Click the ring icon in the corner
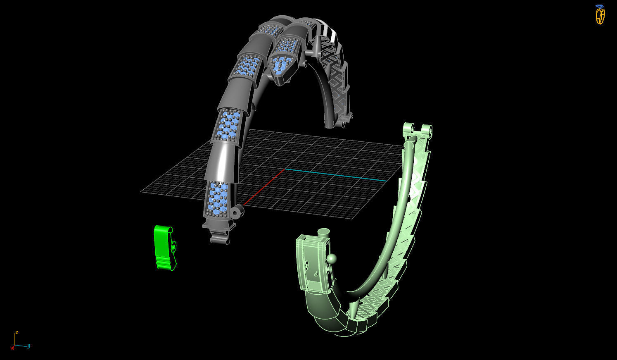point(600,16)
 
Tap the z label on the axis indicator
point(17,332)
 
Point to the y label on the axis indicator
point(29,346)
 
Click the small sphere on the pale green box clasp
point(332,259)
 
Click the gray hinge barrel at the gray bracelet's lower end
point(237,212)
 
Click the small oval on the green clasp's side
point(174,247)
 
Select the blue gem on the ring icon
point(600,6)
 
